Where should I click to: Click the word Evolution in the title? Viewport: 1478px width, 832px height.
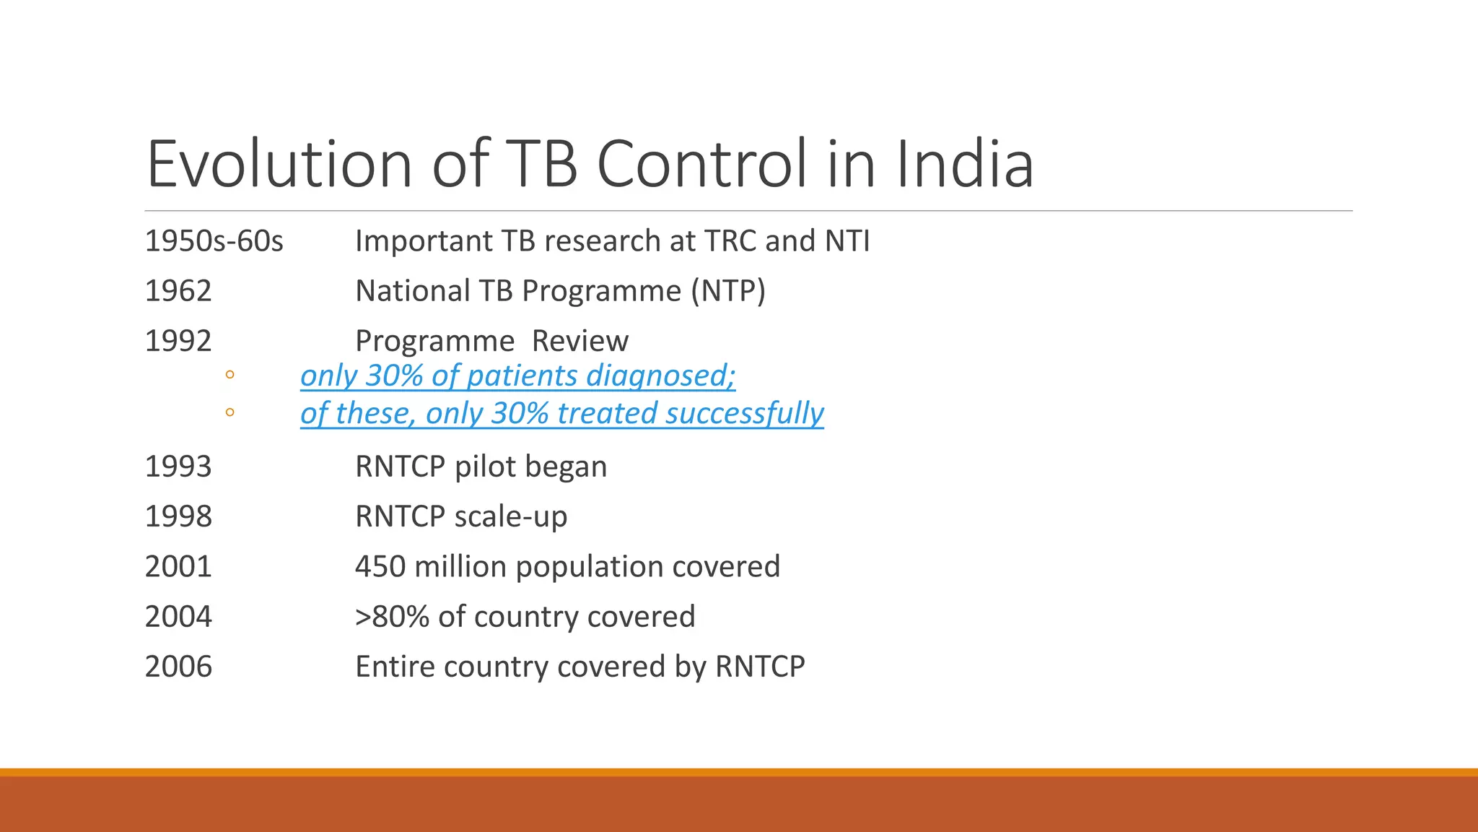(279, 164)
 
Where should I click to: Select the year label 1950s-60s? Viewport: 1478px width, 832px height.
(214, 241)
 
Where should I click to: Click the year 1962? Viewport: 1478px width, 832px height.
(178, 291)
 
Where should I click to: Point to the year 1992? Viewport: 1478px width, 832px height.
(178, 341)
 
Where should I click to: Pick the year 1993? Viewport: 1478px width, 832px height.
(178, 467)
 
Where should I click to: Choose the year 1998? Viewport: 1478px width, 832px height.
(178, 516)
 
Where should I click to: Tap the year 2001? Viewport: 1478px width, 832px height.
(178, 566)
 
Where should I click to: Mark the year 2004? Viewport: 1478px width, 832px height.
(178, 617)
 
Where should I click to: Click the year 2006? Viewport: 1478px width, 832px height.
(178, 667)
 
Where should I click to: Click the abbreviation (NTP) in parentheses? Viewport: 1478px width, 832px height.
(727, 291)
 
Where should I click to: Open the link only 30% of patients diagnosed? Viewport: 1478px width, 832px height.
(517, 376)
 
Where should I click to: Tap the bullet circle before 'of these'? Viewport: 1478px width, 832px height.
(229, 412)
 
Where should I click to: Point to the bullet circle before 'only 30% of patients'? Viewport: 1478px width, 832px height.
(229, 374)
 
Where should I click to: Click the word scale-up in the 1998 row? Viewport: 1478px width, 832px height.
(511, 517)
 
